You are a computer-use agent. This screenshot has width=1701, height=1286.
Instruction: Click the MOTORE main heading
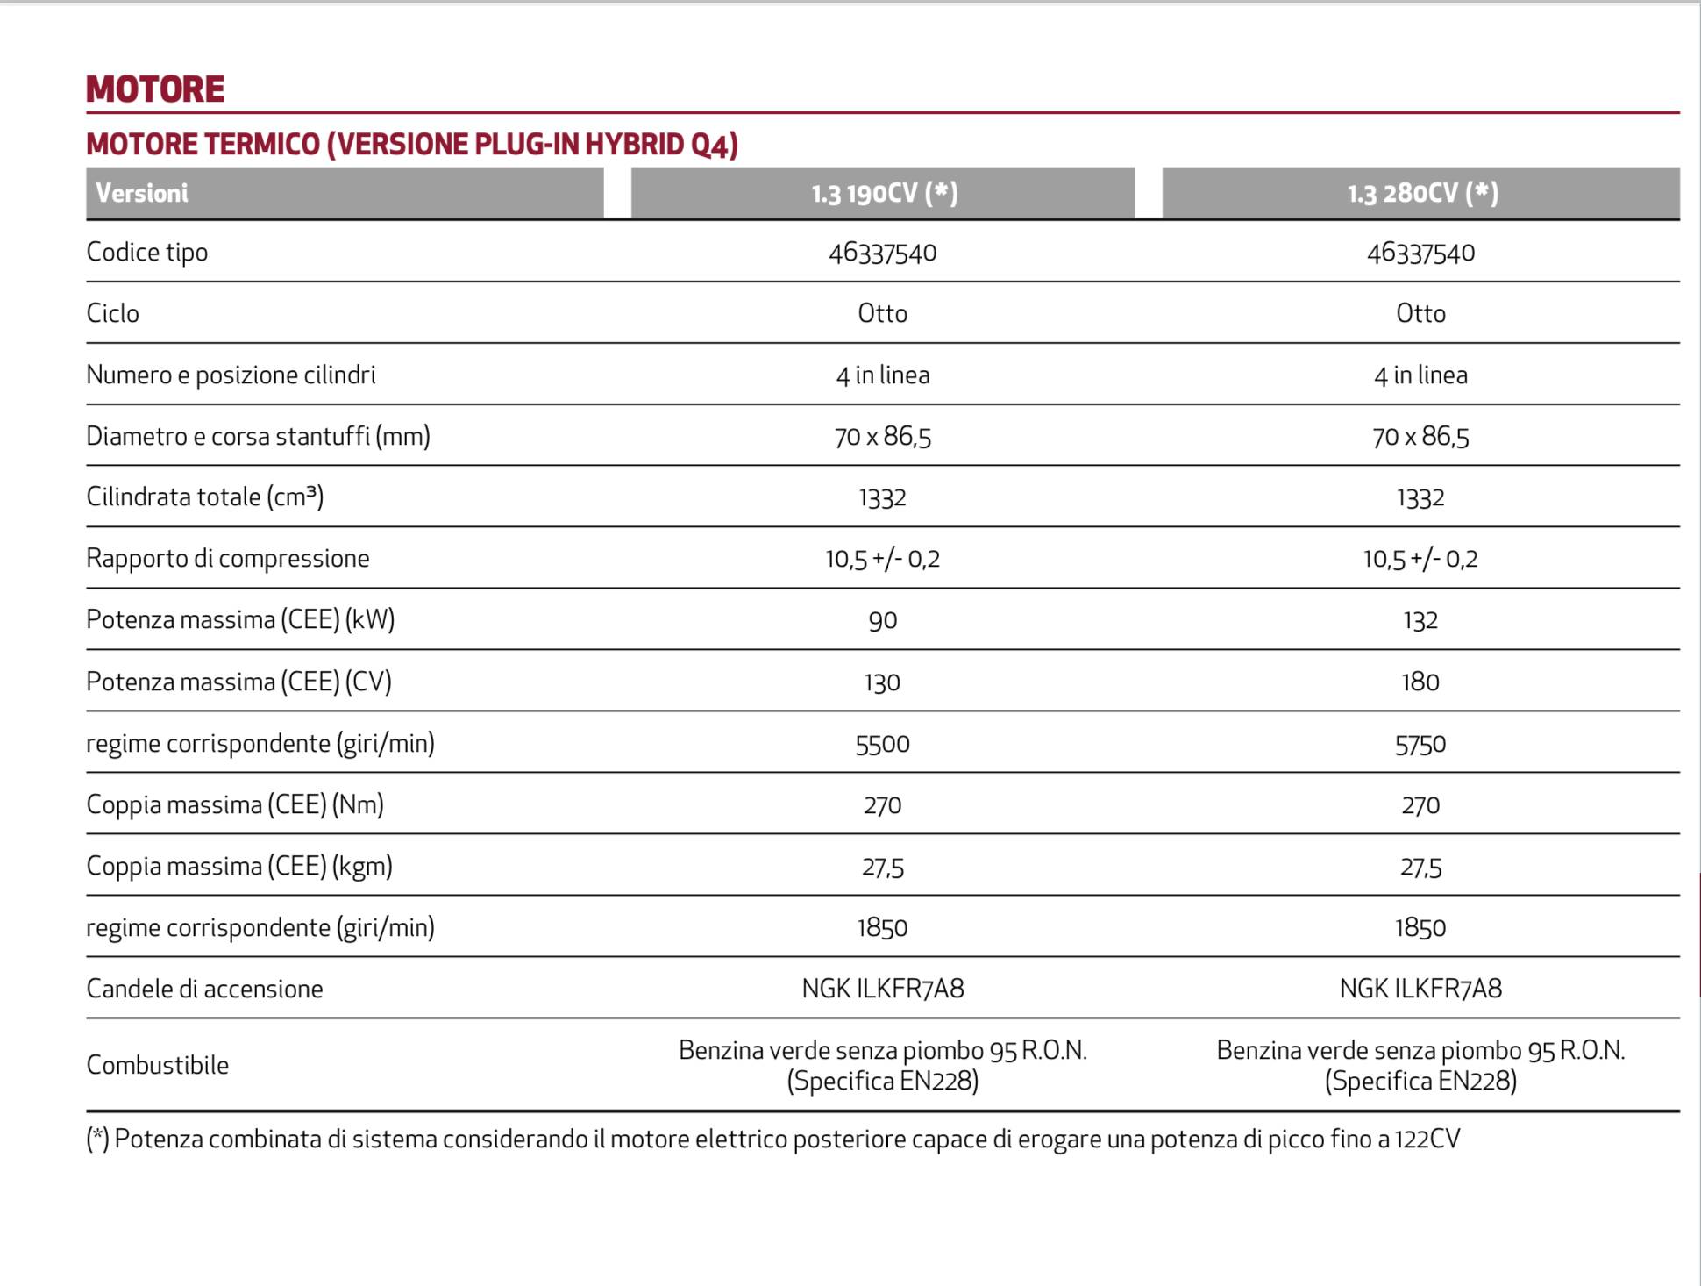coord(155,89)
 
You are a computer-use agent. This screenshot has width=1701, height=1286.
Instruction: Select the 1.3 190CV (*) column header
coord(884,193)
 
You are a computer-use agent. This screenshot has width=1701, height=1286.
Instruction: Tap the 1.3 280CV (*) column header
coord(1422,193)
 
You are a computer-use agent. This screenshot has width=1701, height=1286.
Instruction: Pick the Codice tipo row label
coord(147,253)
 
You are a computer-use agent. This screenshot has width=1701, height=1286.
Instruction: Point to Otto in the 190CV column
coord(883,313)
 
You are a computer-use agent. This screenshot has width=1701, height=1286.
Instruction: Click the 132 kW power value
coord(1420,620)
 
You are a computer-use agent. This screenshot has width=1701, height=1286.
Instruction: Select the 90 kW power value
coord(883,620)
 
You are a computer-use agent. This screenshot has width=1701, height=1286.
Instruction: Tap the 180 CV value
coord(1420,682)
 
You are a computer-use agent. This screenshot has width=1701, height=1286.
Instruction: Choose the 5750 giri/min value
coord(1420,744)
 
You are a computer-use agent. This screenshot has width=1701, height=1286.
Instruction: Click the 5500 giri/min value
coord(883,744)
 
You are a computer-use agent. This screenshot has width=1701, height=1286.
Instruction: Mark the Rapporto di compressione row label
coord(228,559)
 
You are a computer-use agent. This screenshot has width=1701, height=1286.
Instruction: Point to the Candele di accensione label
coord(204,989)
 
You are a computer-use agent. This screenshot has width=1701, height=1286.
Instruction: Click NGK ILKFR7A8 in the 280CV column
coord(1420,989)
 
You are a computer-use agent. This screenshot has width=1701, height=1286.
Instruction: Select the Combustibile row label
coord(158,1065)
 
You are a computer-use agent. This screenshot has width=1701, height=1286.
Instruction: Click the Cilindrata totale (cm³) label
coord(205,497)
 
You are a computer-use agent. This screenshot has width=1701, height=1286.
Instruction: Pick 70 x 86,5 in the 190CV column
coord(883,436)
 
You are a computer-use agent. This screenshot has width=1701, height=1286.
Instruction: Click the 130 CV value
coord(883,682)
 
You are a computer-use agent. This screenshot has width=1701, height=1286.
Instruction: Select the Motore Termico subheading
coord(412,144)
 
